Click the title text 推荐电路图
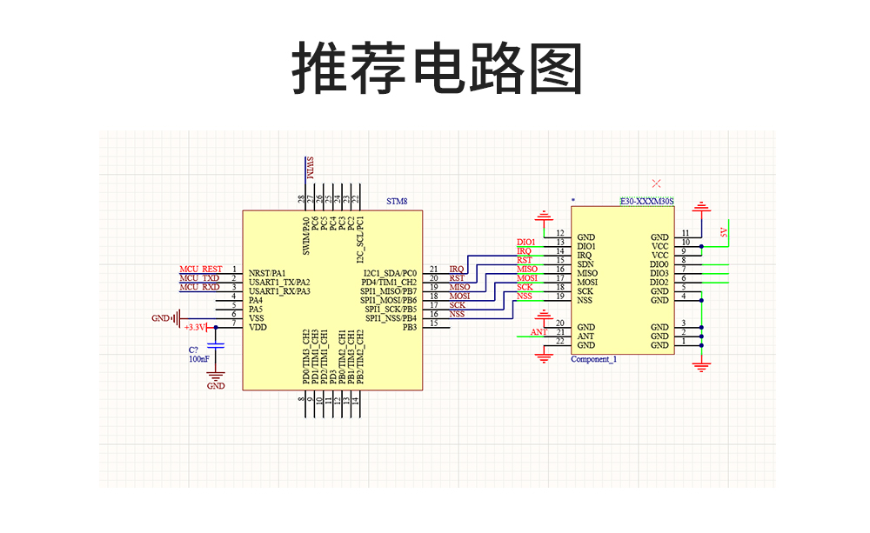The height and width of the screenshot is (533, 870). [x=435, y=68]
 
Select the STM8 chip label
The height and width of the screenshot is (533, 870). [x=397, y=201]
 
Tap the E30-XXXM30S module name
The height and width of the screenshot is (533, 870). [x=646, y=201]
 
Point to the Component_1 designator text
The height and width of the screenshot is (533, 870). [x=593, y=359]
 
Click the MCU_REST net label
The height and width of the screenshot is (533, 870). [x=200, y=270]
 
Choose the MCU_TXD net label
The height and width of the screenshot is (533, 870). [x=199, y=278]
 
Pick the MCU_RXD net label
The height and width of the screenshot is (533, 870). [x=199, y=287]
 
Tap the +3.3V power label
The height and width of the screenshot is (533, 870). [x=195, y=328]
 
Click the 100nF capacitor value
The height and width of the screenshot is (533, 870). [x=199, y=359]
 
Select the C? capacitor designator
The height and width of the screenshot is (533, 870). [x=195, y=350]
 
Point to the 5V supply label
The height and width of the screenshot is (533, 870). [x=723, y=232]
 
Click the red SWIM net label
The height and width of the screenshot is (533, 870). [x=309, y=169]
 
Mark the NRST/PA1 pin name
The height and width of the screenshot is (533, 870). [x=267, y=273]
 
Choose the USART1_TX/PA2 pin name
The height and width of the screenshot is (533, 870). [x=278, y=282]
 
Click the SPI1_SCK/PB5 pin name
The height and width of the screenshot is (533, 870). [x=391, y=309]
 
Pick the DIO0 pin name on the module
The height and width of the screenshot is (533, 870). [x=659, y=263]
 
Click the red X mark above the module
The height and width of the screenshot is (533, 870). [x=656, y=183]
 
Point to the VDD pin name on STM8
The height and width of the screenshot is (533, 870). [x=258, y=327]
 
